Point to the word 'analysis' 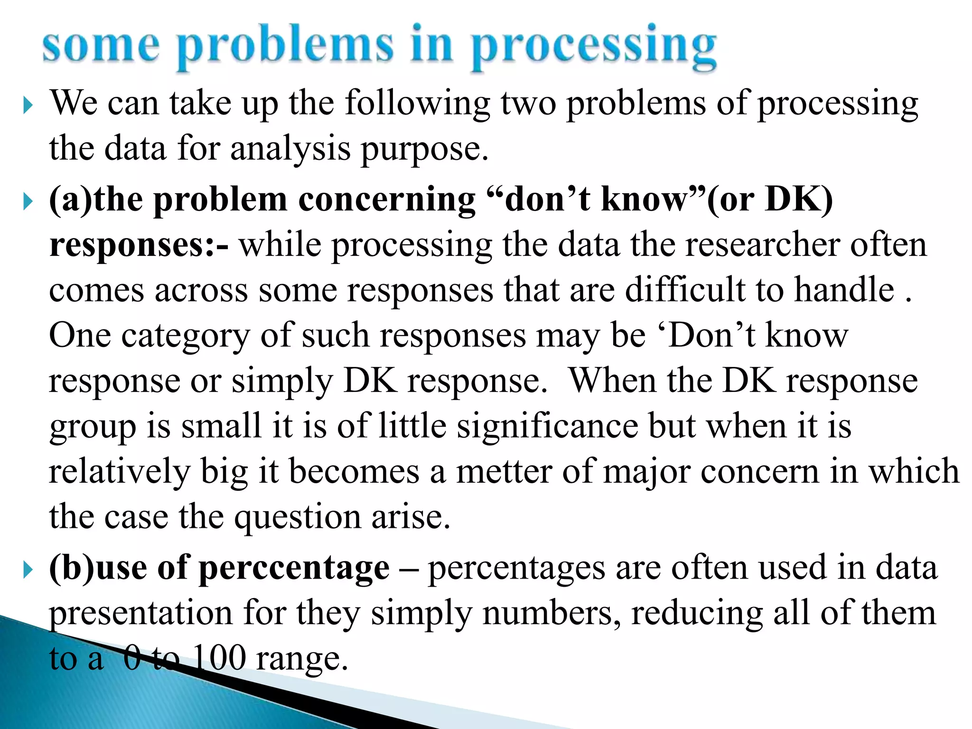(x=290, y=149)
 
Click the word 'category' (x=185, y=336)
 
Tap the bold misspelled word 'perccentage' (x=294, y=568)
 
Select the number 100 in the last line (x=219, y=658)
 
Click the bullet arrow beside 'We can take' (x=28, y=105)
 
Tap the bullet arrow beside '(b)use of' (x=28, y=570)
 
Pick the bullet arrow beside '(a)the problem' (x=28, y=202)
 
